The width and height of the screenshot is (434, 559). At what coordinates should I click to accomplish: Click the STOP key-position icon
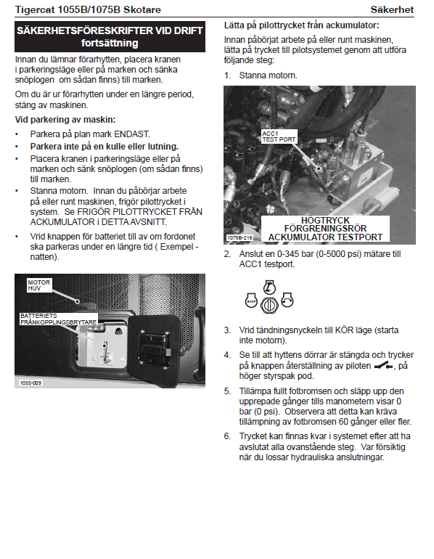click(x=251, y=301)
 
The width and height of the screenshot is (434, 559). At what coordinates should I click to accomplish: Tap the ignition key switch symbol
click(x=269, y=305)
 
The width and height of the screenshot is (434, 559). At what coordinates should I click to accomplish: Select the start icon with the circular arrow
click(x=287, y=300)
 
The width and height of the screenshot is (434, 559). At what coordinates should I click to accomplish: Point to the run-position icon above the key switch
click(x=269, y=287)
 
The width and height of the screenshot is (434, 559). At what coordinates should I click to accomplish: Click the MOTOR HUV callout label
click(x=39, y=285)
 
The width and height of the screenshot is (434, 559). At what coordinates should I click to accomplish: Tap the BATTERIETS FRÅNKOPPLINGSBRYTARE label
click(x=59, y=319)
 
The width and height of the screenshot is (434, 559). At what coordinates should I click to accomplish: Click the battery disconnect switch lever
click(x=105, y=354)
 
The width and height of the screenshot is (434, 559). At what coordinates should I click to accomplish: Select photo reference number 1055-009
click(x=30, y=383)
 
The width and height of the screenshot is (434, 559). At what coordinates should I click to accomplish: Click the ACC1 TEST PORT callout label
click(x=279, y=136)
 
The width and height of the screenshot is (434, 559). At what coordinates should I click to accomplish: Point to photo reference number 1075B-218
click(x=239, y=237)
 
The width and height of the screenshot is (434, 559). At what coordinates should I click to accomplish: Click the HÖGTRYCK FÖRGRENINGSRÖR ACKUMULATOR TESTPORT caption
click(x=325, y=229)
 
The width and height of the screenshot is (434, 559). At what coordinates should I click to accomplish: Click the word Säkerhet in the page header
click(x=392, y=9)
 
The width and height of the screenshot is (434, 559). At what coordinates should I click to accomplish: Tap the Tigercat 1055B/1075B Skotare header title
click(x=88, y=9)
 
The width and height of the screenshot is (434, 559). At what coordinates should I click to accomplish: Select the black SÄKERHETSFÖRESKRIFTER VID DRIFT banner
click(x=110, y=37)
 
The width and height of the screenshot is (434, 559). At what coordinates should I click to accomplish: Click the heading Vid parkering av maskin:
click(x=65, y=120)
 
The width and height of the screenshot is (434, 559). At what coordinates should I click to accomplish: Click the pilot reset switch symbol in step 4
click(x=383, y=366)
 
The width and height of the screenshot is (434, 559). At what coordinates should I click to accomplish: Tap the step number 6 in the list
click(x=227, y=436)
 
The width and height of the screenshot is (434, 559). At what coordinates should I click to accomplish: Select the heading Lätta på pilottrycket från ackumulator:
click(x=301, y=25)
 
